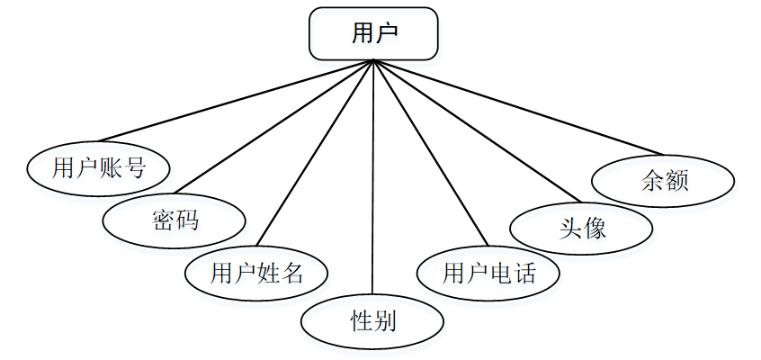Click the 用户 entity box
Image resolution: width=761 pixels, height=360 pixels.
373,34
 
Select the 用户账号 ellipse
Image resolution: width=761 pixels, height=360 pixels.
99,167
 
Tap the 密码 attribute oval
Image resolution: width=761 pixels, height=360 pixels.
175,220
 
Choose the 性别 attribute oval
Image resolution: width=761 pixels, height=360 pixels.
372,320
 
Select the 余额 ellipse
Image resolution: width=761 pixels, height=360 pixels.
665,181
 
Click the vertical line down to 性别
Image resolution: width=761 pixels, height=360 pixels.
372,180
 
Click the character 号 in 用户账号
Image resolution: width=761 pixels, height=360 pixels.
134,167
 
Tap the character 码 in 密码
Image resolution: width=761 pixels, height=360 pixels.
187,220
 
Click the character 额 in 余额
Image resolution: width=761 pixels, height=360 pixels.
676,181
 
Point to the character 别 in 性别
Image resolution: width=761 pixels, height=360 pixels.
384,320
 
